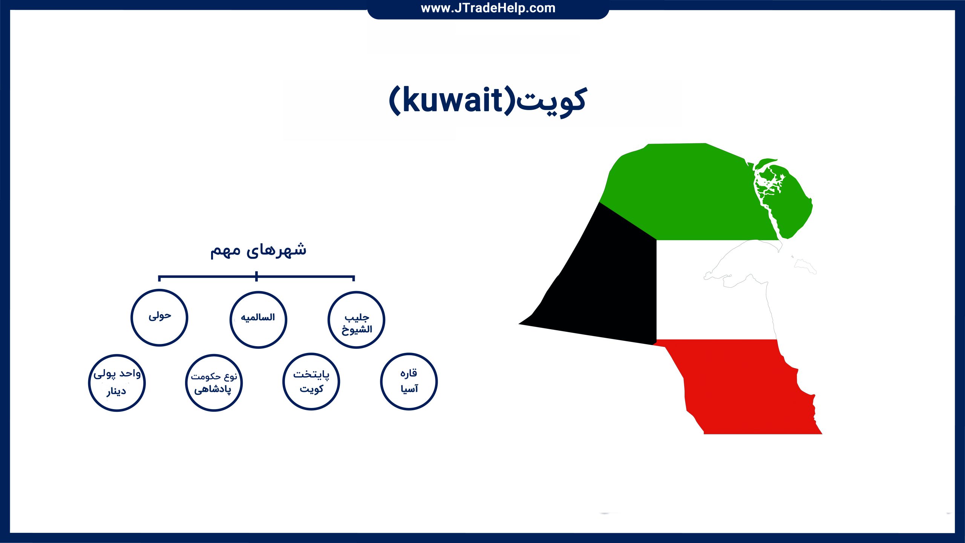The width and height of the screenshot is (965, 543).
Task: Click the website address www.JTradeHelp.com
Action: point(488,8)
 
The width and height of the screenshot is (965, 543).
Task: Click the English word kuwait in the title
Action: point(453,100)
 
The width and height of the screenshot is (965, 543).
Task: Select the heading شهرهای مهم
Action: point(258,250)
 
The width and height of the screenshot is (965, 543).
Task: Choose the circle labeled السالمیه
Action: point(230,320)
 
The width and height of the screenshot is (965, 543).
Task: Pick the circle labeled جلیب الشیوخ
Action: point(329,320)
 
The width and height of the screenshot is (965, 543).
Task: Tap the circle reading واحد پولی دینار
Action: point(89,383)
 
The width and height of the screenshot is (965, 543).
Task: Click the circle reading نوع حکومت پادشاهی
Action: point(186,383)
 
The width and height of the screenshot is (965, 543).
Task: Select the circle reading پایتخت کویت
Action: point(283,382)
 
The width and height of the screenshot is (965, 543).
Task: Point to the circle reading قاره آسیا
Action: point(381,382)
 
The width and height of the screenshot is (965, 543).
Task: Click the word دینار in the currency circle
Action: point(116,391)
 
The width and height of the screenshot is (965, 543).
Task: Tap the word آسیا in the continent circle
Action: point(409,388)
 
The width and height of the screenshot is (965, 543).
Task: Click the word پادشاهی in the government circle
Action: point(213,389)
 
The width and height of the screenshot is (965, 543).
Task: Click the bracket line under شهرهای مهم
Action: point(256,277)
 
